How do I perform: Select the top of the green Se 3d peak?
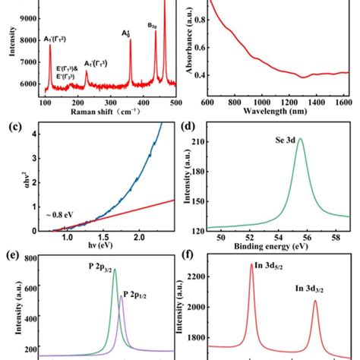tap(300, 139)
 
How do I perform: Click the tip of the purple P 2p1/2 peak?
tap(122, 296)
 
